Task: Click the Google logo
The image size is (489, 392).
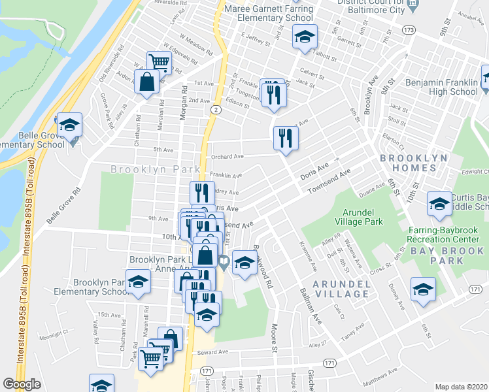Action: click(22, 384)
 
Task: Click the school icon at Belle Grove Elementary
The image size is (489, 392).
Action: click(69, 125)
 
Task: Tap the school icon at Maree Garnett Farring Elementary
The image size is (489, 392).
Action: click(304, 37)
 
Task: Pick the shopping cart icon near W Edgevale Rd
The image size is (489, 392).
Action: click(159, 63)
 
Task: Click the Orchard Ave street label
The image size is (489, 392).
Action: click(226, 157)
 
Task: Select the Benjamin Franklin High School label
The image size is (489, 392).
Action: click(442, 88)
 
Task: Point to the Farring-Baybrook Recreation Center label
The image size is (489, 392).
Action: click(445, 235)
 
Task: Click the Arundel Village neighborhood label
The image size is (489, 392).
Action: click(341, 289)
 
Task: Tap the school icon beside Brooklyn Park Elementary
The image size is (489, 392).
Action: click(138, 282)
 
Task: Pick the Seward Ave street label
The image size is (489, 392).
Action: click(214, 352)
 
